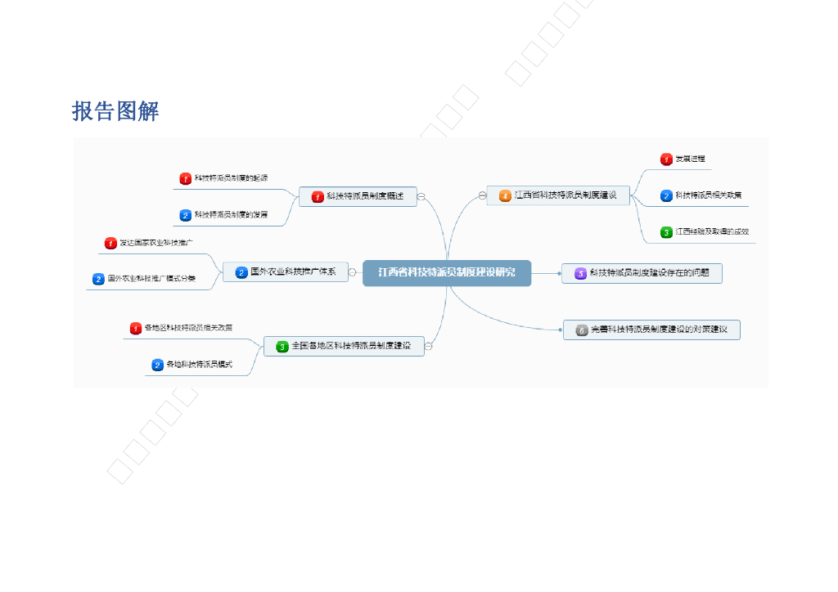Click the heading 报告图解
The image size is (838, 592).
tap(115, 111)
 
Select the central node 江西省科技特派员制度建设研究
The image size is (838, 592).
tap(447, 273)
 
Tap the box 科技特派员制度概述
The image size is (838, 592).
tap(358, 196)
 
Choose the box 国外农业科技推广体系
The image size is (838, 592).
tap(286, 272)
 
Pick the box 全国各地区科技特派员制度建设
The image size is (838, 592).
tap(344, 347)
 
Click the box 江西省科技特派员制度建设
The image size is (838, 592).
tap(558, 195)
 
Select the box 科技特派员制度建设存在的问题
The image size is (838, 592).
tap(642, 273)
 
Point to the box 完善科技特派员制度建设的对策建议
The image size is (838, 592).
tap(651, 330)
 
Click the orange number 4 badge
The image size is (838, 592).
tap(505, 196)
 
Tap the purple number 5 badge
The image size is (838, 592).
tap(580, 274)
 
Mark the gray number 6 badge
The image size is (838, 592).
tap(582, 330)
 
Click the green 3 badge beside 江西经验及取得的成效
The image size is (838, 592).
tap(666, 232)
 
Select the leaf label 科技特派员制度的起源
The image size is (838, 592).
tap(231, 178)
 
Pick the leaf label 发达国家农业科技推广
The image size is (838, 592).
tap(156, 243)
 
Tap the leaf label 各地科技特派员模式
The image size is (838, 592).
tap(199, 365)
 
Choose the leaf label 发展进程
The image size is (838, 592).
tap(690, 159)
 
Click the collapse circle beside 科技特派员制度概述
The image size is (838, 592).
tap(421, 196)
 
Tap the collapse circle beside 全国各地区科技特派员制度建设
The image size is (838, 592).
tap(428, 347)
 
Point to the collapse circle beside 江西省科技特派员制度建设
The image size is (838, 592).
tap(483, 195)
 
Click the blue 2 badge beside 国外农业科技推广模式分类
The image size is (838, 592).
tap(99, 279)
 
